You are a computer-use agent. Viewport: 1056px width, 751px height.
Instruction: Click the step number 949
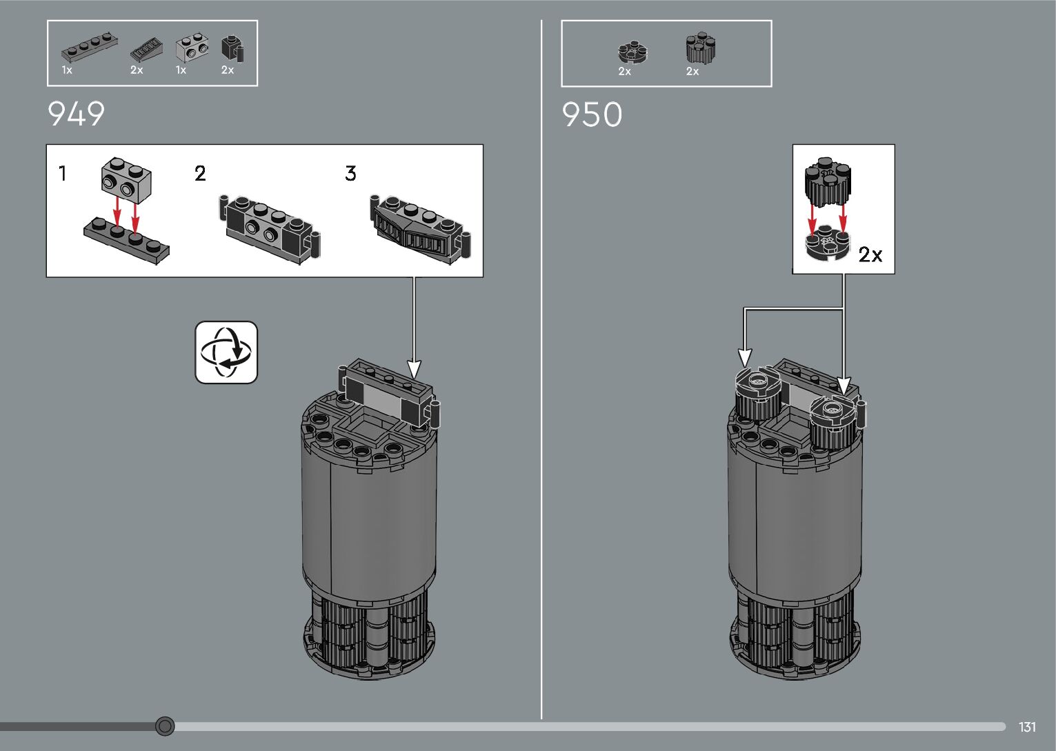(76, 114)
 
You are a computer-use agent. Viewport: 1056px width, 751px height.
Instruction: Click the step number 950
(592, 114)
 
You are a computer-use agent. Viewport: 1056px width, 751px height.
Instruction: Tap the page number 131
(1027, 727)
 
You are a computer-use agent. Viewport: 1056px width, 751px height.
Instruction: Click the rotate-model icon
(226, 352)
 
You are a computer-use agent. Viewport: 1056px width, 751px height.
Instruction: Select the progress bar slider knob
(165, 726)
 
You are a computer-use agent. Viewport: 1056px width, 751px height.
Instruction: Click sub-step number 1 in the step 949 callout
(62, 173)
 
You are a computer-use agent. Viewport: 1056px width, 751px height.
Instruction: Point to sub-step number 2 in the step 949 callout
(200, 174)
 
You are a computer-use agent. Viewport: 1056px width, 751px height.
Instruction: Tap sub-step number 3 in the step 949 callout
(350, 174)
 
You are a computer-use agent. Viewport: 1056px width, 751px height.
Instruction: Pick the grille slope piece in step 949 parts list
(147, 51)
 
